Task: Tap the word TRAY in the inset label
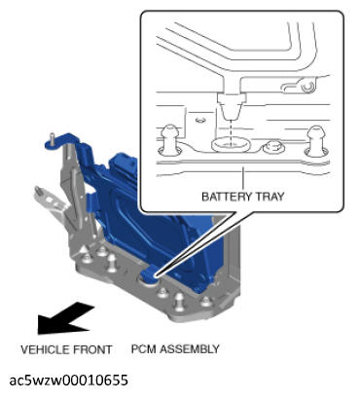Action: pos(270,197)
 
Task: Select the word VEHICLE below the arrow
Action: pos(45,349)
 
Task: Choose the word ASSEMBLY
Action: pos(190,349)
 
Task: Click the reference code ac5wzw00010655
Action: pos(69,381)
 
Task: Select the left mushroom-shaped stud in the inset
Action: pos(170,138)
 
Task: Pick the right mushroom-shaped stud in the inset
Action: pos(315,139)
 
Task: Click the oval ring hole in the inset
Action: pos(231,145)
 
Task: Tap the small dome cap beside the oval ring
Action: pos(272,147)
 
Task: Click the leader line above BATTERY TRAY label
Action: pos(242,178)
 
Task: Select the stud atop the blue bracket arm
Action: pos(52,139)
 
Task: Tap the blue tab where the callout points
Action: pos(150,275)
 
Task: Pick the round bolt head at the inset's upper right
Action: pos(306,86)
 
